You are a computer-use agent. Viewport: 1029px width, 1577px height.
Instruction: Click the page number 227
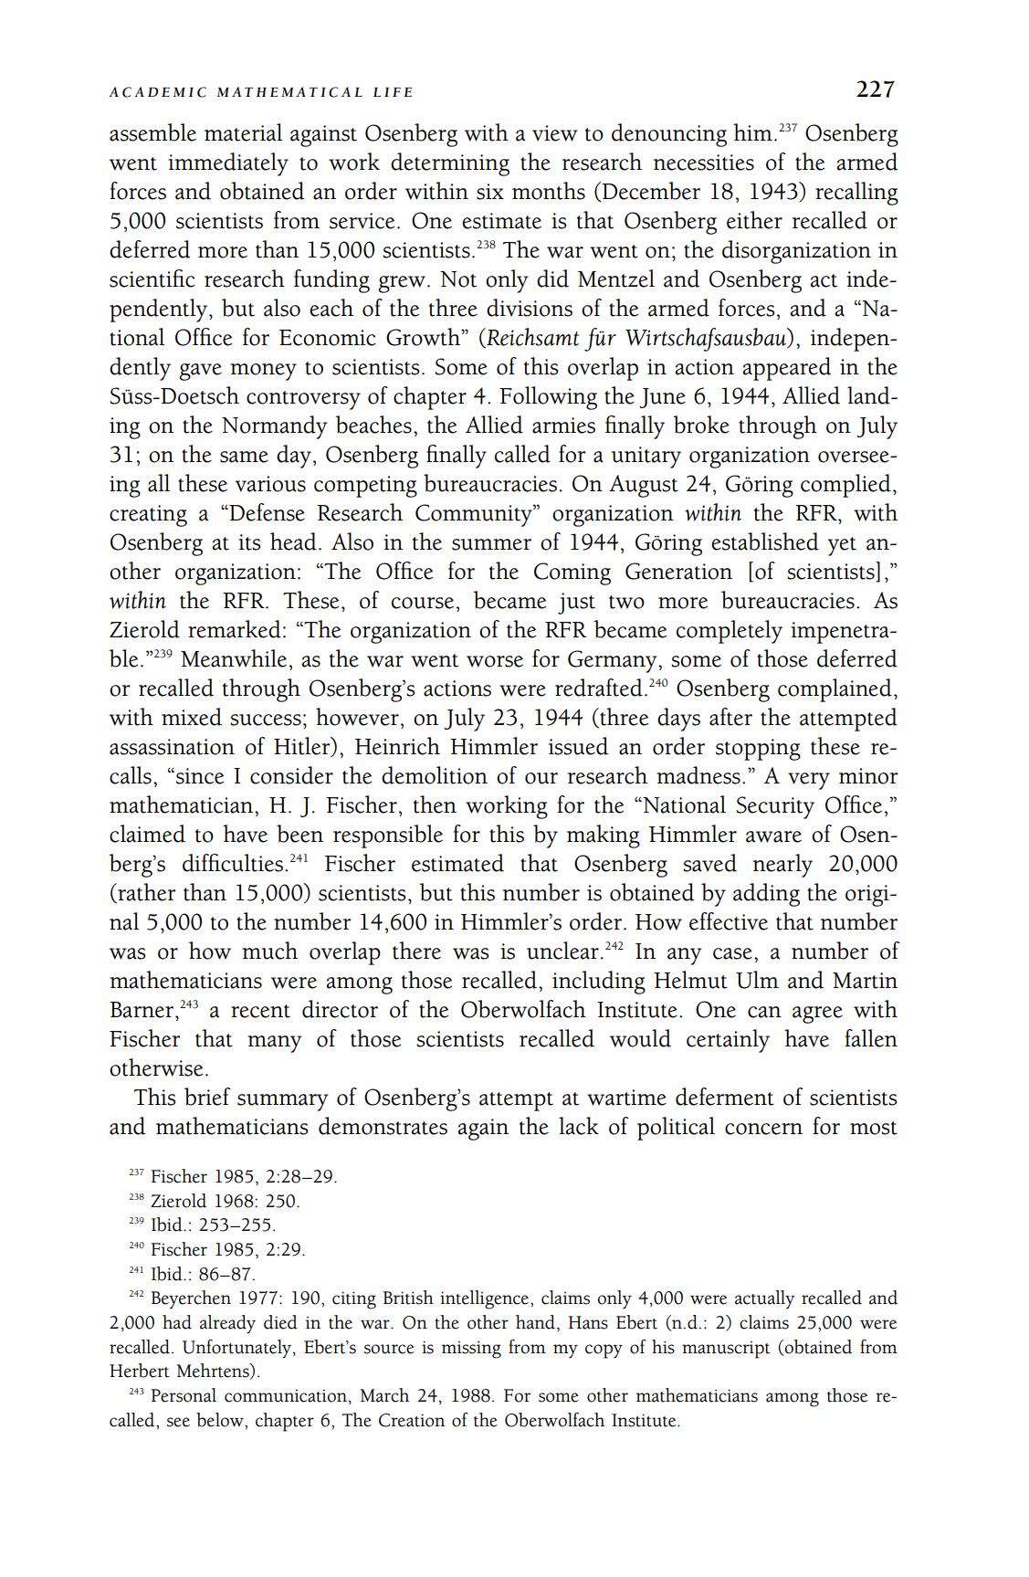[875, 89]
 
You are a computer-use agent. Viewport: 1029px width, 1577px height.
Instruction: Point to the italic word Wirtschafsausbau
[706, 338]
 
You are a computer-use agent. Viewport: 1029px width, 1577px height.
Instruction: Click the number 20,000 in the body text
[862, 864]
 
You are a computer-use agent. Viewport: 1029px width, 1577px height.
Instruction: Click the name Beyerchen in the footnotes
[190, 1298]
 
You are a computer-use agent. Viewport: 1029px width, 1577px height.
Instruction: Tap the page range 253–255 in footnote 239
[236, 1225]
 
